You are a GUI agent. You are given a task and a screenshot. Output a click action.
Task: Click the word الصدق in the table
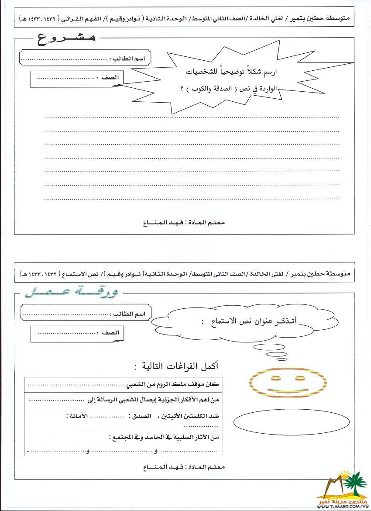coord(141,417)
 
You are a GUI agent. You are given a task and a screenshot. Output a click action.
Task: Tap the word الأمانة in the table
coord(74,417)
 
